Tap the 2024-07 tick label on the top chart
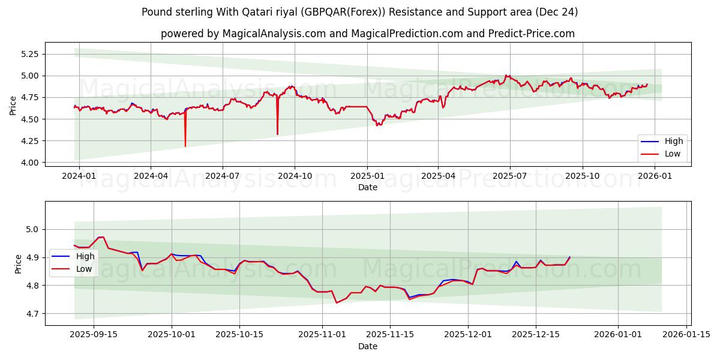click(x=223, y=176)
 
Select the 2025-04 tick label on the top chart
click(x=438, y=176)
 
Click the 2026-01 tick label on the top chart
click(x=654, y=176)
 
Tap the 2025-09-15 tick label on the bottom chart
click(x=94, y=335)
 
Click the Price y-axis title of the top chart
click(x=13, y=106)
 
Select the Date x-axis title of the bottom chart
click(x=368, y=346)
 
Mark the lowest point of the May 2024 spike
click(x=185, y=146)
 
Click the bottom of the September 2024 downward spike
click(x=277, y=134)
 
